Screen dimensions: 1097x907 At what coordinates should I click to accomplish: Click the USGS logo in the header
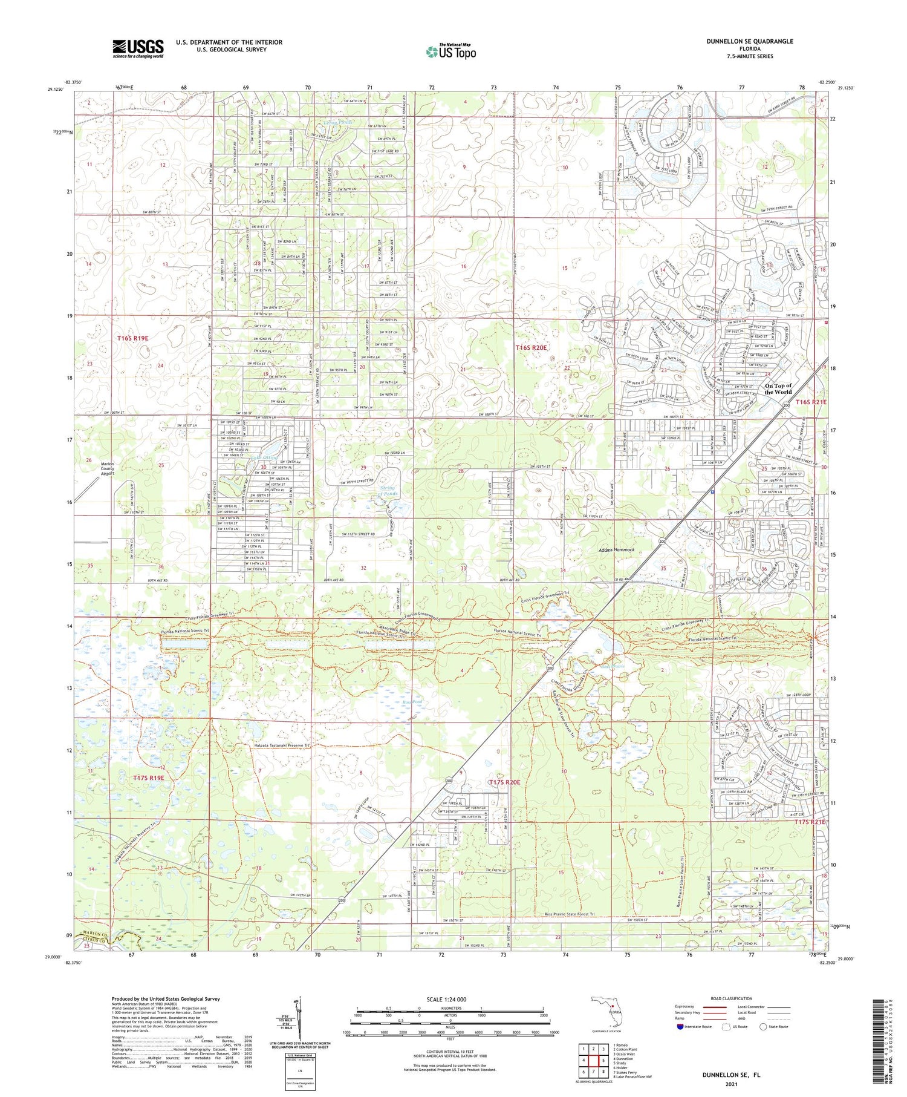pyautogui.click(x=138, y=48)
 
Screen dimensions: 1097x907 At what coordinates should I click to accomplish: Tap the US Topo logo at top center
pyautogui.click(x=450, y=52)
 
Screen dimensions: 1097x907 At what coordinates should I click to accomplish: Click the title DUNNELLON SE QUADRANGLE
pyautogui.click(x=749, y=41)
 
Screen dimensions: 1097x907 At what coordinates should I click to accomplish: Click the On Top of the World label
pyautogui.click(x=778, y=389)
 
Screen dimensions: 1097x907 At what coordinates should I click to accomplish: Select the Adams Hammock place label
pyautogui.click(x=616, y=550)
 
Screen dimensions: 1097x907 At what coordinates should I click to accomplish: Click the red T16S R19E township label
pyautogui.click(x=132, y=338)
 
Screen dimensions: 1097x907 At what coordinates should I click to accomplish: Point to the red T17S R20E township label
pyautogui.click(x=504, y=782)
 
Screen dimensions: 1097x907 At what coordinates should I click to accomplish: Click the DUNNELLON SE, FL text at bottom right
pyautogui.click(x=730, y=1075)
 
